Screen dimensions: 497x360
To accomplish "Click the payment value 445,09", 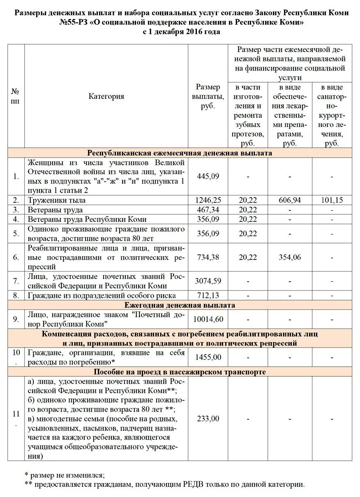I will coord(208,176).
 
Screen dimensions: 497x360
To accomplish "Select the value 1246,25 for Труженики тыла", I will coord(208,200).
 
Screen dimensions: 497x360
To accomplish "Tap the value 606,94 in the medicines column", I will coord(290,200).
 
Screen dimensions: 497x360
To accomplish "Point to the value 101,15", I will coord(332,200).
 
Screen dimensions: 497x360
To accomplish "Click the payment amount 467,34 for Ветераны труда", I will coord(208,210).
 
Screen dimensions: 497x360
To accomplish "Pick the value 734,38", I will coord(208,257).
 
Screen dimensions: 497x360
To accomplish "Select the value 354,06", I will coord(290,257).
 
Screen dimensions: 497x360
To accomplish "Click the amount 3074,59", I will coord(208,281).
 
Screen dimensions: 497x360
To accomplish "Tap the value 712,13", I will coord(208,295).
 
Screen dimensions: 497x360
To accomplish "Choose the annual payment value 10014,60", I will coord(208,319).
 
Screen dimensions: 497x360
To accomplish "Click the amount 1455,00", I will coord(208,357).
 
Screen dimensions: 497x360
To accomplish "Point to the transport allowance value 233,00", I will coord(208,419).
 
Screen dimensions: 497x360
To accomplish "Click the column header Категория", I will coord(106,97).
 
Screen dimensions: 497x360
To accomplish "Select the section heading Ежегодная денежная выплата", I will coord(180,305).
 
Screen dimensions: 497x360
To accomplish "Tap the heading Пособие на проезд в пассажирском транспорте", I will coord(180,372).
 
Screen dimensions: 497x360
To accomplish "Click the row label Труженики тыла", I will coord(56,200).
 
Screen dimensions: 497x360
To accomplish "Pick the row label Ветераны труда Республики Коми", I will coord(87,219).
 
